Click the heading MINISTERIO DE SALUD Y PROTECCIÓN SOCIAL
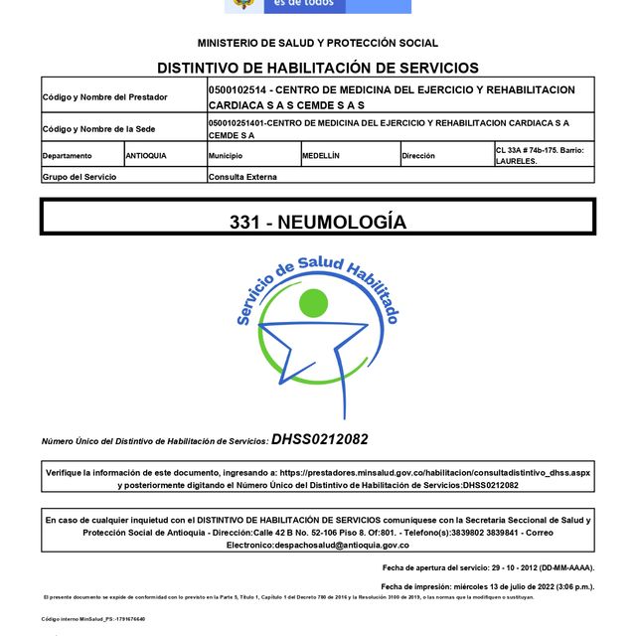pyautogui.click(x=317, y=43)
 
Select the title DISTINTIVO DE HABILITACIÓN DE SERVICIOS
pyautogui.click(x=317, y=68)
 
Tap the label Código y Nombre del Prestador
pyautogui.click(x=104, y=97)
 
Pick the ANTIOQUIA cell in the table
pyautogui.click(x=146, y=156)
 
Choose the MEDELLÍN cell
pyautogui.click(x=322, y=156)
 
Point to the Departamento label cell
pyautogui.click(x=67, y=156)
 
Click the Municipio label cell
pyautogui.click(x=226, y=156)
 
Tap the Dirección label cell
pyautogui.click(x=418, y=156)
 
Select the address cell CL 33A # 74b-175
pyautogui.click(x=542, y=155)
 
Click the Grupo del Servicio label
pyautogui.click(x=79, y=176)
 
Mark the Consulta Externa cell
pyautogui.click(x=242, y=176)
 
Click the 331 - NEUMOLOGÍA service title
pyautogui.click(x=317, y=222)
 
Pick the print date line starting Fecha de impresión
pyautogui.click(x=486, y=586)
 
